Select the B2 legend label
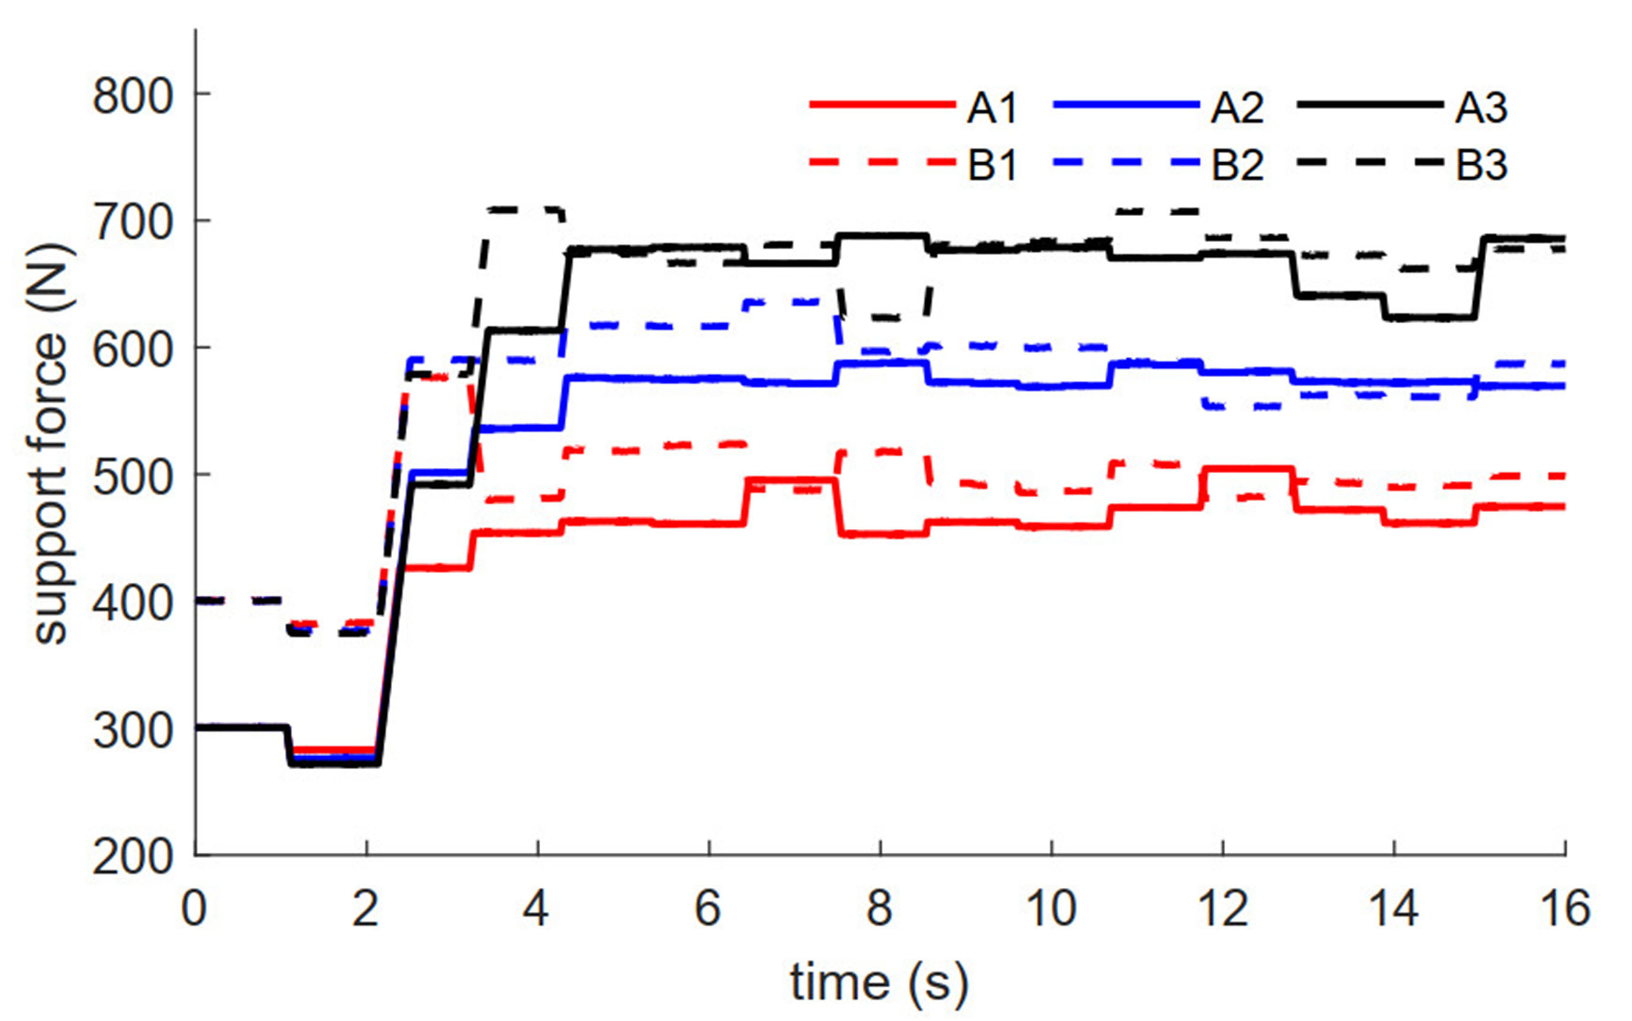pos(1237,165)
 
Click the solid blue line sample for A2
pos(1126,106)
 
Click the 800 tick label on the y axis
pos(132,95)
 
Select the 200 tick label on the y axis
pos(132,858)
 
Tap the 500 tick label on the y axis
pos(132,477)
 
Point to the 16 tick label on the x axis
pos(1565,909)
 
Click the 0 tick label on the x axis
pos(194,909)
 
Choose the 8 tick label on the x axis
pos(880,909)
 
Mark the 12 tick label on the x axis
pos(1223,909)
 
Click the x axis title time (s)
pos(878,983)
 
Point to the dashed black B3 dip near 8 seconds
pos(881,317)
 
